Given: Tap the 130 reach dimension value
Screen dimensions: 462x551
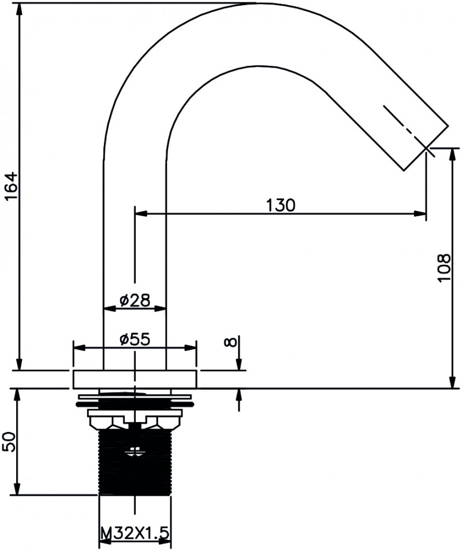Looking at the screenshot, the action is [x=281, y=205].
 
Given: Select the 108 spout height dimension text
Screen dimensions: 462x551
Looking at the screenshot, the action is [x=444, y=268].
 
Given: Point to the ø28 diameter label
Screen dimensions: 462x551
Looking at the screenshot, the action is [x=135, y=299].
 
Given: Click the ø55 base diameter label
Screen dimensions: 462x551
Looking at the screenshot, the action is [x=135, y=339].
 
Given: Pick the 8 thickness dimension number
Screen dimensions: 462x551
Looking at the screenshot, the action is [x=230, y=342].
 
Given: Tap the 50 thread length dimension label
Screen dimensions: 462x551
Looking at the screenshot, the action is [x=9, y=442].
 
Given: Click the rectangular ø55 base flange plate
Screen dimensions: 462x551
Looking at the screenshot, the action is [x=135, y=379].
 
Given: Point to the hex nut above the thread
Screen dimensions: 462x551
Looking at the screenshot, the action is [x=135, y=420].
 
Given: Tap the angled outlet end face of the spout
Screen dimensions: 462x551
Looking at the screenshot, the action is [x=426, y=148].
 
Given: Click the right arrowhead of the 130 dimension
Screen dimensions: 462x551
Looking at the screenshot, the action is [x=420, y=213].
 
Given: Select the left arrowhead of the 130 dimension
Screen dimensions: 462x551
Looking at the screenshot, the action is [x=141, y=213].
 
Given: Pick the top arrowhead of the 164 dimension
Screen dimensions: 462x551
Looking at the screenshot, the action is [x=20, y=9].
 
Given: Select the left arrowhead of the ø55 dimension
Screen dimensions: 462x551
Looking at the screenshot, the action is [x=79, y=348].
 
